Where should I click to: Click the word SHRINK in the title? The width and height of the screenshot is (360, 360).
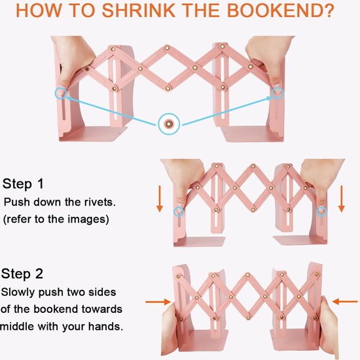click(x=139, y=10)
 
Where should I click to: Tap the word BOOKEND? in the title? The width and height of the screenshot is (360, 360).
click(x=281, y=10)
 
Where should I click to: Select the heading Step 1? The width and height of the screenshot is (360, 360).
click(x=23, y=184)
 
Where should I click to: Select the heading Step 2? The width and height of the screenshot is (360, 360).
click(x=22, y=274)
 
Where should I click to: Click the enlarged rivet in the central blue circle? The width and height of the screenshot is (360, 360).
click(x=169, y=124)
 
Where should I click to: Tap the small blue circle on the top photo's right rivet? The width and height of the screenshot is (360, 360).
click(x=278, y=93)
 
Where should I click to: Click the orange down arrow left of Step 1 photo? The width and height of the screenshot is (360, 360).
click(x=160, y=199)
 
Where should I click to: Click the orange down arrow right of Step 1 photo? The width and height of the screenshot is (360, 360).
click(x=342, y=199)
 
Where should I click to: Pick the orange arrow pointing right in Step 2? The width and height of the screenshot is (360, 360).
click(x=158, y=302)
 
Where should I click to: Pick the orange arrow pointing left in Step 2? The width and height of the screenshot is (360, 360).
click(x=344, y=302)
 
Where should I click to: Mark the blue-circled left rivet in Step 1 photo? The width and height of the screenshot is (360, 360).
click(x=179, y=211)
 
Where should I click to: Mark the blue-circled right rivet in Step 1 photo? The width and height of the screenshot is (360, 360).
click(x=321, y=211)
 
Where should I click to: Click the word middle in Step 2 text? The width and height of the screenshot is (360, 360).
click(x=17, y=326)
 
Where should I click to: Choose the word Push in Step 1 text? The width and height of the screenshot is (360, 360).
click(x=17, y=202)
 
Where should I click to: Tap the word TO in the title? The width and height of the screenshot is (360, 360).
click(x=82, y=10)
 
